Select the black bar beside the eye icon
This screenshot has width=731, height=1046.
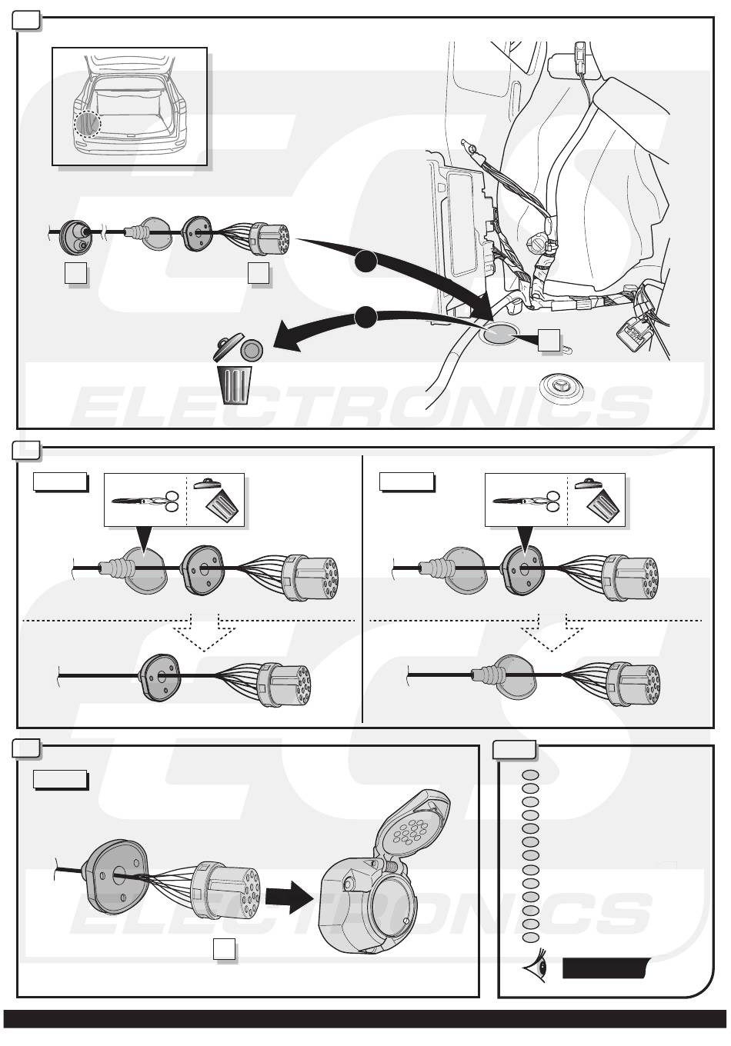[x=606, y=968]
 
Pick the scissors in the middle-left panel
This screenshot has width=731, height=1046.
[x=145, y=501]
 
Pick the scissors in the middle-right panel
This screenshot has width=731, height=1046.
[x=526, y=501]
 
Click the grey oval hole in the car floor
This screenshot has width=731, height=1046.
[x=499, y=335]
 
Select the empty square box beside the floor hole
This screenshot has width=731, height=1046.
[x=549, y=341]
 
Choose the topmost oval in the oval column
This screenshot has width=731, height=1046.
[x=530, y=775]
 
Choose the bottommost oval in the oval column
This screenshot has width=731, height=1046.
[x=530, y=938]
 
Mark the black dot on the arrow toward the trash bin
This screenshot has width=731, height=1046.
[x=365, y=317]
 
